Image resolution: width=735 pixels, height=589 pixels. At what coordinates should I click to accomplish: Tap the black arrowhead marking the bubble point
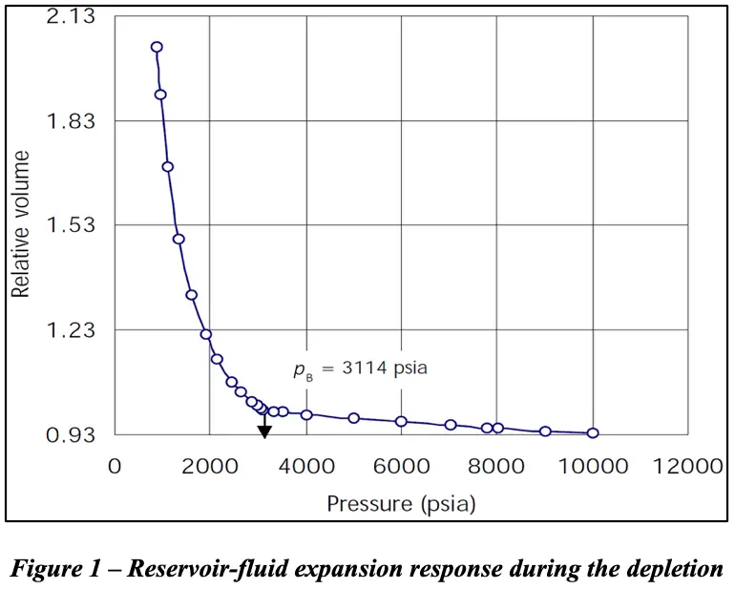tap(264, 431)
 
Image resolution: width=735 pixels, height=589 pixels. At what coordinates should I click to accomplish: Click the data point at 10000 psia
tap(593, 433)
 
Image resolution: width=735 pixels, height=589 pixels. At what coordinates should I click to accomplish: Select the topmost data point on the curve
tap(157, 47)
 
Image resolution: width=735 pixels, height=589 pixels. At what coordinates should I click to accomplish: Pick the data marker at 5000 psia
tap(353, 418)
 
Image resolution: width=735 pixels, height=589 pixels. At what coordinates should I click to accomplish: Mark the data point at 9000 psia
tap(545, 431)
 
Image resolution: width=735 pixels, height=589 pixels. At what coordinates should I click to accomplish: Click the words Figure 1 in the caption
tap(53, 569)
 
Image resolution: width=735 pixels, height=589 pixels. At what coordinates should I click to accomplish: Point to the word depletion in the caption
tap(675, 569)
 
